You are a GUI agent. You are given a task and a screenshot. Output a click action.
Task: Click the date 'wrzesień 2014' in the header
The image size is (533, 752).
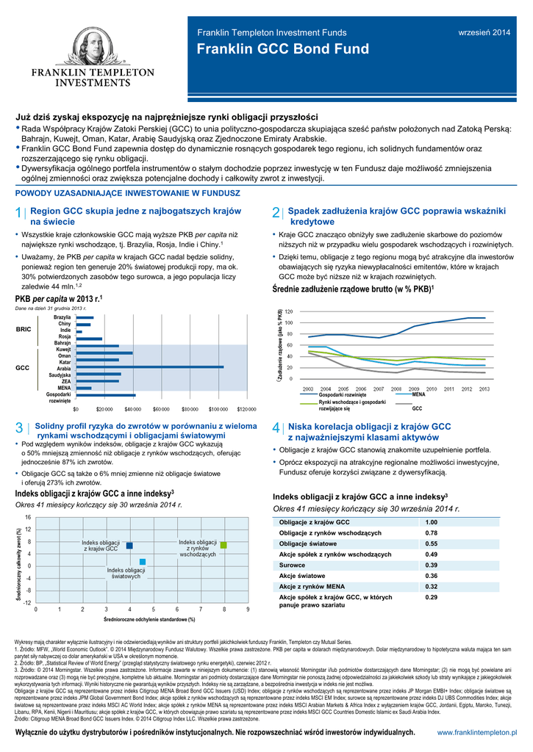(x=484, y=32)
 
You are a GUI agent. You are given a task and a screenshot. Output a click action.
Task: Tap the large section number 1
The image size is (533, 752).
(x=18, y=214)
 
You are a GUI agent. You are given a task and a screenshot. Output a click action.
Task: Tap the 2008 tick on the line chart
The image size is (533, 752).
(x=396, y=388)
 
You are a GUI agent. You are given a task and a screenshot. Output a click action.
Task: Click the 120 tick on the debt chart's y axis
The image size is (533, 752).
(x=288, y=311)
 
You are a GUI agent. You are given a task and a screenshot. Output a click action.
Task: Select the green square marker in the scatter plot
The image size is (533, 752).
(x=224, y=545)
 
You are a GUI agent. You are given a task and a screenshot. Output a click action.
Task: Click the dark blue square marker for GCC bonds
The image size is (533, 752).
(x=129, y=546)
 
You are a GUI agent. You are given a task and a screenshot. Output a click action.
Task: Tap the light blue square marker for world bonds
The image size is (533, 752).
(x=143, y=562)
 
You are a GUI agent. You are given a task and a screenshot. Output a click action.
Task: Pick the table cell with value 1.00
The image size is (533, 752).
(x=432, y=521)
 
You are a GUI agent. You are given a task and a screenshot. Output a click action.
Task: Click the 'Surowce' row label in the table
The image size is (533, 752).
(x=293, y=565)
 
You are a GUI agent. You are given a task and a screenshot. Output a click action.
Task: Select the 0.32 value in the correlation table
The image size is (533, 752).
(x=432, y=586)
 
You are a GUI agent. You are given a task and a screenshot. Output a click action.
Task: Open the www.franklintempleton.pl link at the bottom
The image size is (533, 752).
(x=477, y=733)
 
